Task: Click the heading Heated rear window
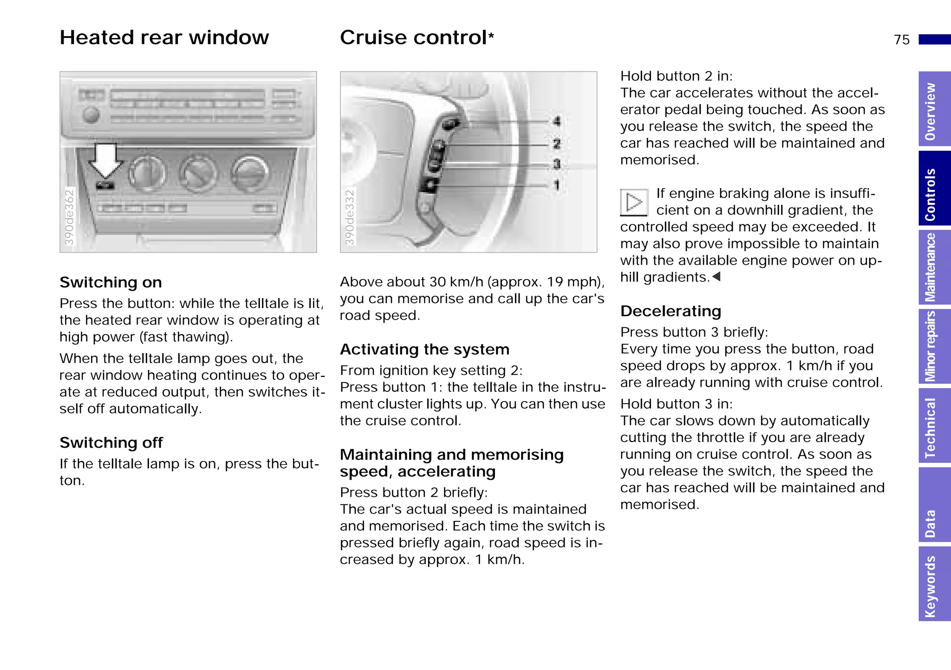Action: pyautogui.click(x=164, y=38)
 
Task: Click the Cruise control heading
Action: pyautogui.click(x=416, y=38)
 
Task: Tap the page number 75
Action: pyautogui.click(x=901, y=40)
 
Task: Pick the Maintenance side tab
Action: pyautogui.click(x=932, y=268)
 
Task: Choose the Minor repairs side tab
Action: pyautogui.click(x=932, y=346)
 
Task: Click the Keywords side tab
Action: pyautogui.click(x=932, y=586)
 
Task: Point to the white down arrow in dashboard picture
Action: pyautogui.click(x=106, y=161)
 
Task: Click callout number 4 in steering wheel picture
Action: pyautogui.click(x=557, y=122)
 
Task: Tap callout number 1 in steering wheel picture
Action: pyautogui.click(x=557, y=186)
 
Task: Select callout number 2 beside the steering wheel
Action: pyautogui.click(x=557, y=144)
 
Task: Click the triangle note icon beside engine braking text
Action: pyautogui.click(x=634, y=202)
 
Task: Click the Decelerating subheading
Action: pyautogui.click(x=671, y=311)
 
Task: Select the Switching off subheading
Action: pyautogui.click(x=111, y=442)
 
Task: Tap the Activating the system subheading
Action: pyautogui.click(x=424, y=349)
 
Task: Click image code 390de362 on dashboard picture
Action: pyautogui.click(x=69, y=216)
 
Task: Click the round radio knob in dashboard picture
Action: pyautogui.click(x=91, y=114)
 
